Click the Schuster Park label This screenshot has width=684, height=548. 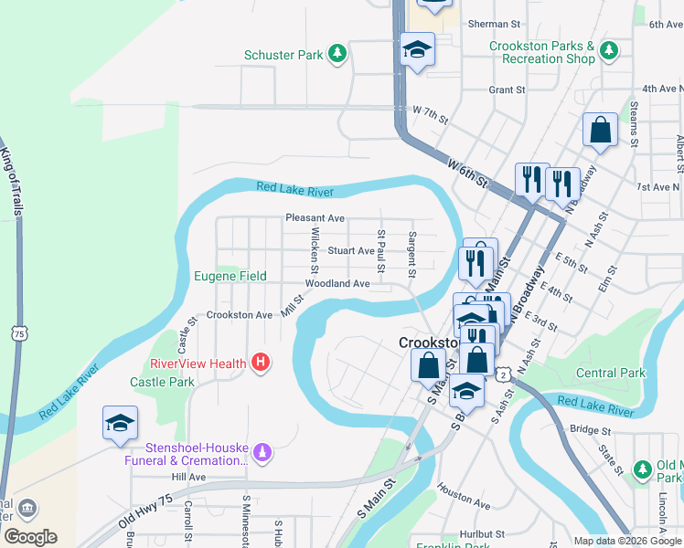pos(283,55)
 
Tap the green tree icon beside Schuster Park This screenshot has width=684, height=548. pos(337,55)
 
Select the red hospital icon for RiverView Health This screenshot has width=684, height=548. pos(261,363)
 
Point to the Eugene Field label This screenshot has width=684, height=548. pos(230,276)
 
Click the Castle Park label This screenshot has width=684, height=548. pos(162,382)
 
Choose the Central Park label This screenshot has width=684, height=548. pos(611,373)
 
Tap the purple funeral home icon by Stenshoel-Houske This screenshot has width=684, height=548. pos(262,450)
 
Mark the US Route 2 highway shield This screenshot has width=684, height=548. pos(503,374)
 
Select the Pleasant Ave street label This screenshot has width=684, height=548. pos(315,218)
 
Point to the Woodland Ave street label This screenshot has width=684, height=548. pos(337,284)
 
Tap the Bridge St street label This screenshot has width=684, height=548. pos(590,429)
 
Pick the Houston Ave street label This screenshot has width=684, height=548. pos(464,494)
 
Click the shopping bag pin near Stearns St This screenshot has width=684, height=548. pos(601,131)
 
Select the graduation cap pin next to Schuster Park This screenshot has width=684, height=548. pos(417,50)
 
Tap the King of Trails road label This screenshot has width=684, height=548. pos(10,183)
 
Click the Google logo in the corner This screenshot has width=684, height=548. pos(30,537)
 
